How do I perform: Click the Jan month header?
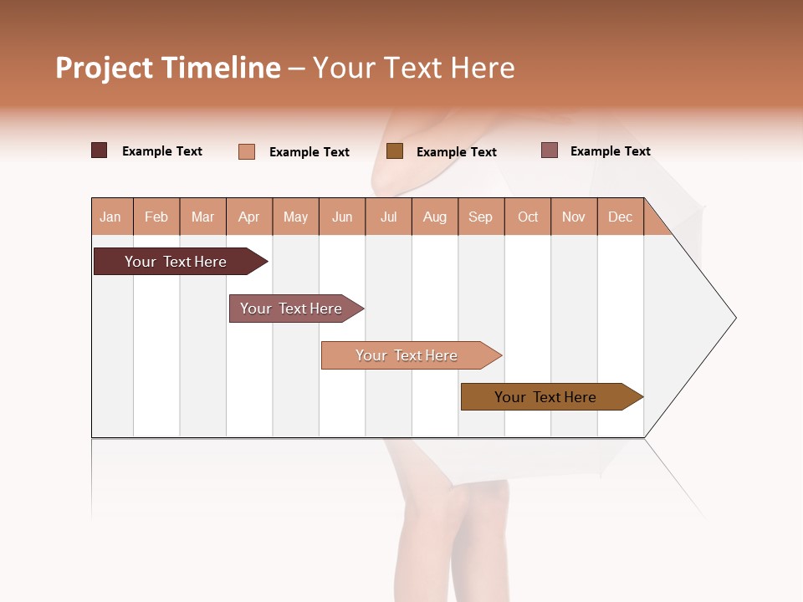coord(110,217)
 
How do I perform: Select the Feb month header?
coord(156,217)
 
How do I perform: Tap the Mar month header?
coord(202,217)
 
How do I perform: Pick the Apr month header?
coord(248,217)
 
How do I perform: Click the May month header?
coord(295,217)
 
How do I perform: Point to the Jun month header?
coord(342,217)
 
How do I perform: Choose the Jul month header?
coord(388,217)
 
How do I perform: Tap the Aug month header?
coord(434,217)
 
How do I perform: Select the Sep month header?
coord(480,217)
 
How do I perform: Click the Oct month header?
coord(528,217)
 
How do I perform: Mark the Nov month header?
coord(574,217)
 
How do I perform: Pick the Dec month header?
coord(620,217)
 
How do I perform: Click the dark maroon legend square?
coord(100,150)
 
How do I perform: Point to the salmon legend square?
coord(247,151)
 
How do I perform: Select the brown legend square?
coord(395,151)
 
